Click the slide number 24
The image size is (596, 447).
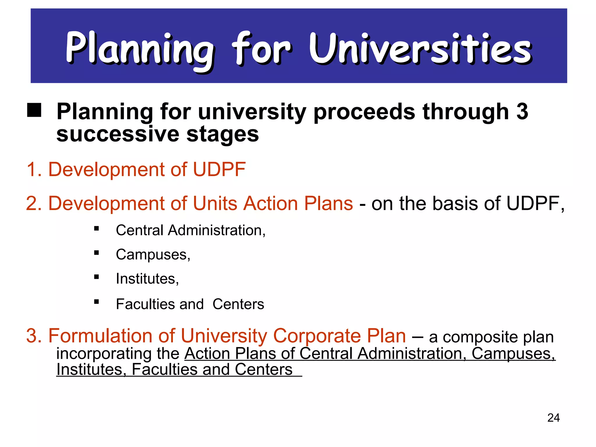(x=553, y=418)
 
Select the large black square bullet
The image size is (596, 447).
(x=34, y=110)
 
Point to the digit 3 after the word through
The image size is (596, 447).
(x=522, y=111)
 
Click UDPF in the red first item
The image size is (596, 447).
(x=219, y=169)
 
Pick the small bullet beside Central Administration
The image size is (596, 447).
(x=97, y=229)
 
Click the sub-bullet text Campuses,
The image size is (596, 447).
(x=153, y=255)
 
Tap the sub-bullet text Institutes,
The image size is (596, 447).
(x=147, y=279)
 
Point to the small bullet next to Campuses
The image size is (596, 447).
(x=97, y=253)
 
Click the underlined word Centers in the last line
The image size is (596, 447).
(x=263, y=370)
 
